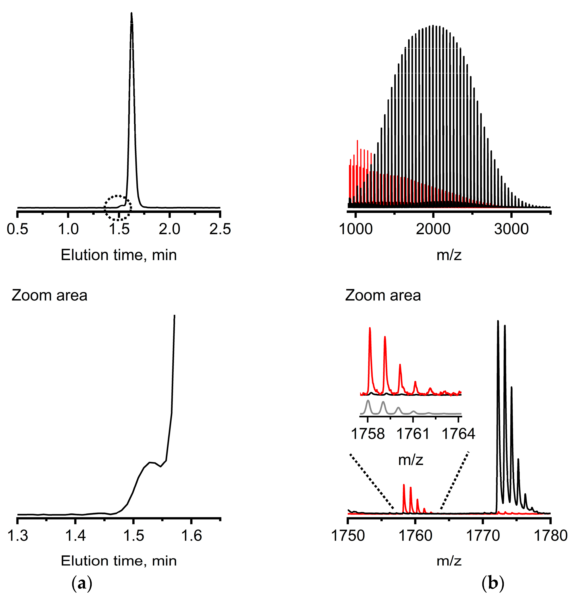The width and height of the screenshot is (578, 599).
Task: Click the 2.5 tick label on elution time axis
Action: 220,229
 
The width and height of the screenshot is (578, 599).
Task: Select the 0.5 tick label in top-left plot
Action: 17,229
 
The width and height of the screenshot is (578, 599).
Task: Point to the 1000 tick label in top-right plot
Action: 356,229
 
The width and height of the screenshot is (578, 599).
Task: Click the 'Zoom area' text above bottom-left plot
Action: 50,296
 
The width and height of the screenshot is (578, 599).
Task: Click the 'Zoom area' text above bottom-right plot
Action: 383,296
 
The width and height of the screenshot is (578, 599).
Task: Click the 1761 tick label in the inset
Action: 413,434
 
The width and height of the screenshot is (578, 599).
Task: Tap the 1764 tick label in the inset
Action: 458,434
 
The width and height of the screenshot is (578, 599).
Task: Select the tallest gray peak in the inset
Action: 368,401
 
